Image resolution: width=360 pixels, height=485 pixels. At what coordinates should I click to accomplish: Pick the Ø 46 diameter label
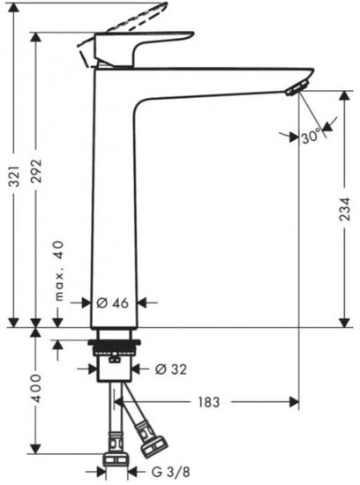tap(113, 302)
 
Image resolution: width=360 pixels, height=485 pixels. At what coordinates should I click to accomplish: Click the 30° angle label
tap(310, 137)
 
